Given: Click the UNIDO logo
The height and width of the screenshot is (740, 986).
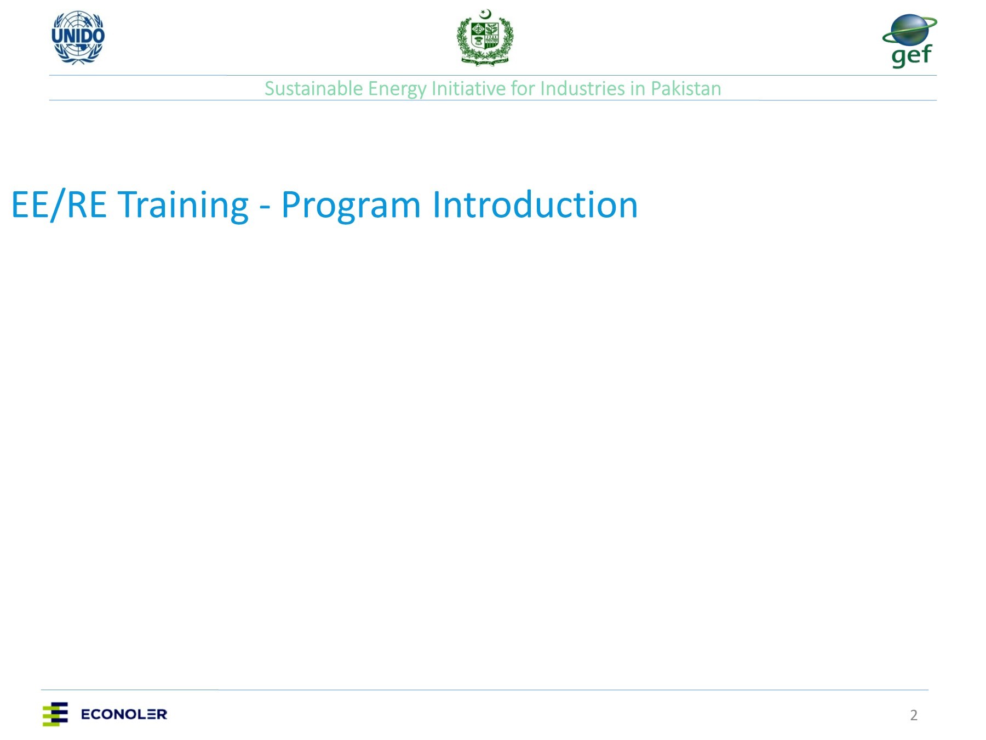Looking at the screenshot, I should click(78, 37).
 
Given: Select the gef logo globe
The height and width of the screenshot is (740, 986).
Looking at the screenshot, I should click(909, 30).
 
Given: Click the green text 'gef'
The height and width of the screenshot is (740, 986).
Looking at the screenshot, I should click(911, 56).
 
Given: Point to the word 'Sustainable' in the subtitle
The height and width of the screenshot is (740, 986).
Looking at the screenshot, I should click(313, 89).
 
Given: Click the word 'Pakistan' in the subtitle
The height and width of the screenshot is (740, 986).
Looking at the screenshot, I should click(686, 89).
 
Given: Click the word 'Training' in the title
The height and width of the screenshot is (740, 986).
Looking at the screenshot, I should click(183, 205).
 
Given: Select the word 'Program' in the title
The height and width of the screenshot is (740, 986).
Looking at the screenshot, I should click(351, 206).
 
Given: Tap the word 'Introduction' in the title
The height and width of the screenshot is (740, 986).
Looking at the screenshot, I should click(535, 205).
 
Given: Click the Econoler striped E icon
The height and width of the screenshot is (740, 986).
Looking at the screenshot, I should click(55, 714).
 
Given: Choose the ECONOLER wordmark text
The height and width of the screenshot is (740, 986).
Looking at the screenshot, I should click(124, 714).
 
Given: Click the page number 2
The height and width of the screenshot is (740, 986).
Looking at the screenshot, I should click(913, 715).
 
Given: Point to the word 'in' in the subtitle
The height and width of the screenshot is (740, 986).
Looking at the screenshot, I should click(637, 89).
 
